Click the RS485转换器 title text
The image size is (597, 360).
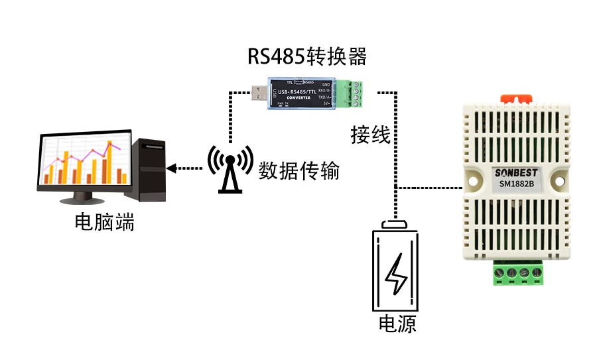pyautogui.click(x=306, y=56)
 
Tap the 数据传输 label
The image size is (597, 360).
pyautogui.click(x=298, y=171)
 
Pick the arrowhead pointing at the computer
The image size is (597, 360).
pyautogui.click(x=172, y=168)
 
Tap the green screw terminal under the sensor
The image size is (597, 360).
pyautogui.click(x=517, y=273)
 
